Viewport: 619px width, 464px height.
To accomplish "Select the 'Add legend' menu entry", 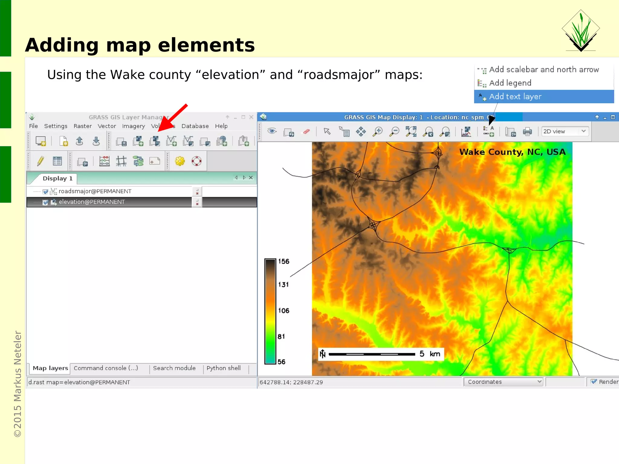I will pyautogui.click(x=510, y=83).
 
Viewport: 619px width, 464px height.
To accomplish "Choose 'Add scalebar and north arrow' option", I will pyautogui.click(x=543, y=70).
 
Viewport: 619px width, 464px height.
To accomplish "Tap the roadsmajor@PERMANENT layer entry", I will pyautogui.click(x=95, y=191).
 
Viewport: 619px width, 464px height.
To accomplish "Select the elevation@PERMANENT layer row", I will pyautogui.click(x=92, y=202).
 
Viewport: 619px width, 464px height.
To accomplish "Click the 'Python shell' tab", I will pyautogui.click(x=223, y=368).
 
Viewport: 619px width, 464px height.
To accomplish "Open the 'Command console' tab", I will pyautogui.click(x=106, y=368).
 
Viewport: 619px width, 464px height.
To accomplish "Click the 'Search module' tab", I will pyautogui.click(x=174, y=368).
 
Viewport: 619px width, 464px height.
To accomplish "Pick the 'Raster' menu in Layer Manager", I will pyautogui.click(x=83, y=126).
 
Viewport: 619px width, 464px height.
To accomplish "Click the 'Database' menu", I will pyautogui.click(x=195, y=126).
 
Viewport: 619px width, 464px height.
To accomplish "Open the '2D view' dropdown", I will pyautogui.click(x=565, y=132).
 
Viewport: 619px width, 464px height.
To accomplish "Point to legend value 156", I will pyautogui.click(x=284, y=261).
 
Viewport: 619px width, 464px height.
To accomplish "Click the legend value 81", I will pyautogui.click(x=281, y=337).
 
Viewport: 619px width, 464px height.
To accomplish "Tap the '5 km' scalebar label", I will pyautogui.click(x=430, y=354).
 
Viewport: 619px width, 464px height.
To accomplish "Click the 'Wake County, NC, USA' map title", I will pyautogui.click(x=512, y=152).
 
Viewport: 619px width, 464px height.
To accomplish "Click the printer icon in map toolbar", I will pyautogui.click(x=527, y=132).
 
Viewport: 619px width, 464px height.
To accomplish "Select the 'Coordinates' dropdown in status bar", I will pyautogui.click(x=503, y=382).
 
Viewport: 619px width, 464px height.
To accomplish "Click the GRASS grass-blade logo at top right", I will pyautogui.click(x=581, y=30).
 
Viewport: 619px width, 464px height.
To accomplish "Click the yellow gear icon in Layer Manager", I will pyautogui.click(x=180, y=161).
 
